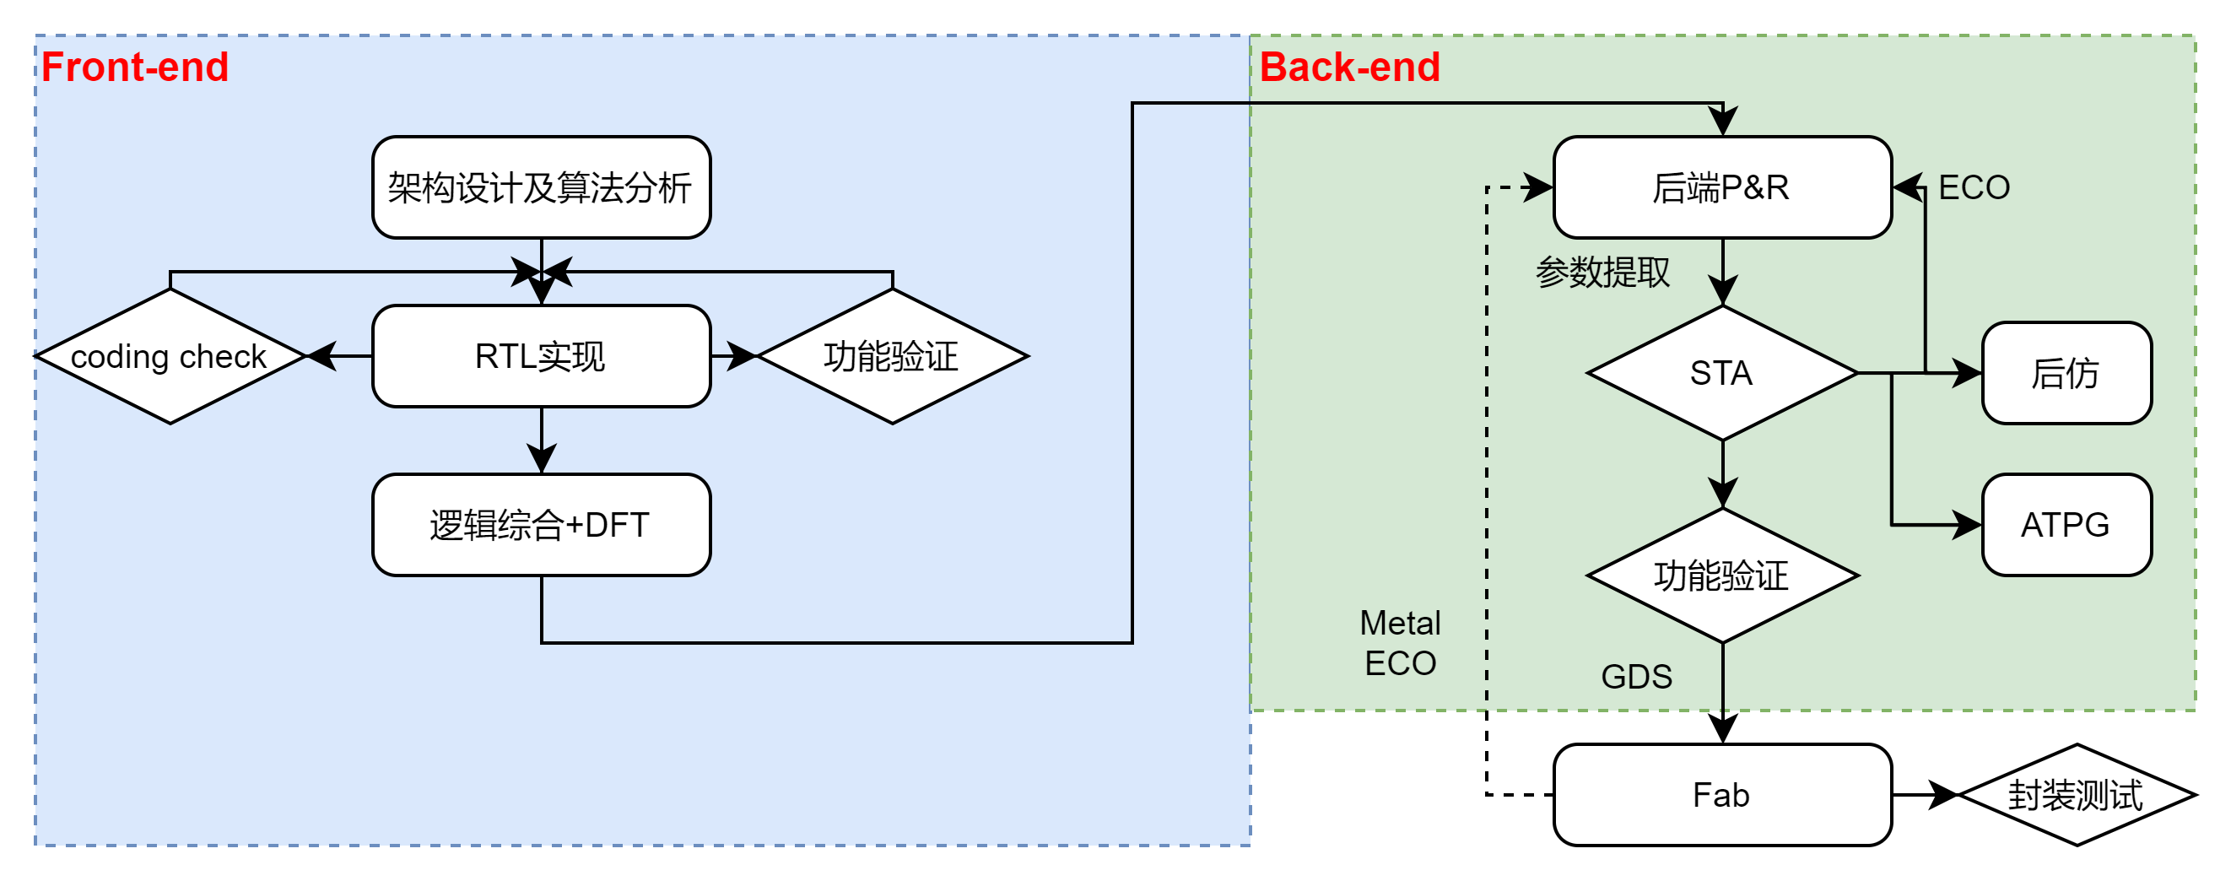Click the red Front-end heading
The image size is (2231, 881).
point(134,68)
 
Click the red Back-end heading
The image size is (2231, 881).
point(1349,68)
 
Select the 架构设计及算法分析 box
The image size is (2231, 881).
point(541,187)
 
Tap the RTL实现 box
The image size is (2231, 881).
point(541,356)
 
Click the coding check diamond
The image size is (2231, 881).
point(170,356)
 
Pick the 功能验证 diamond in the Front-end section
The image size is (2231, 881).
point(892,356)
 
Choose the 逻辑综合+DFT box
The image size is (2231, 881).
point(541,525)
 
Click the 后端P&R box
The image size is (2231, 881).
point(1721,187)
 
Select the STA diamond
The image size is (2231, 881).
point(1721,373)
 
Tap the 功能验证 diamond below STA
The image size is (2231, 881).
point(1721,576)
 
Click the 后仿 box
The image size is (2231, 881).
point(2066,373)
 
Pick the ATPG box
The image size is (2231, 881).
point(2066,525)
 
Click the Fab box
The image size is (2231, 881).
point(1721,795)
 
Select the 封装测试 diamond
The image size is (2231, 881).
point(2076,795)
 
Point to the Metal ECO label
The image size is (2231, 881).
point(1401,644)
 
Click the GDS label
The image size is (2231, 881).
point(1636,677)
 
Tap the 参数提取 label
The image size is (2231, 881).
point(1602,272)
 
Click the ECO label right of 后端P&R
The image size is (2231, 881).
point(1974,187)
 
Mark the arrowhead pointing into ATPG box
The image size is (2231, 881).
point(1967,525)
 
